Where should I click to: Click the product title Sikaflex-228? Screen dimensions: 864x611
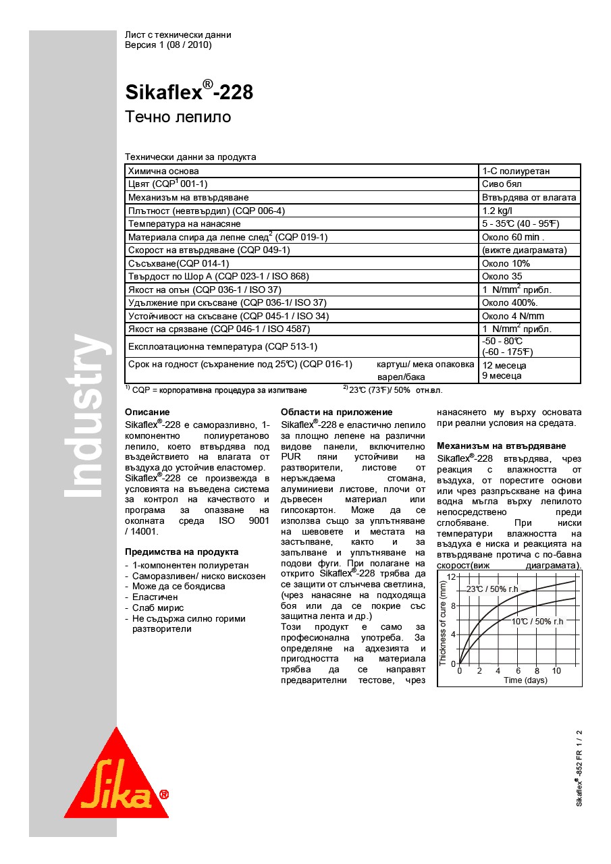pyautogui.click(x=189, y=91)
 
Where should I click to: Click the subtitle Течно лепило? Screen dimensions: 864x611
pyautogui.click(x=178, y=117)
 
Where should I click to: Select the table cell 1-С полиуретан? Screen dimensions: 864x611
pyautogui.click(x=515, y=171)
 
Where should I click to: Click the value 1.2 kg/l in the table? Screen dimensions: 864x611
pyautogui.click(x=498, y=211)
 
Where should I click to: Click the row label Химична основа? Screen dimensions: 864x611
pyautogui.click(x=163, y=171)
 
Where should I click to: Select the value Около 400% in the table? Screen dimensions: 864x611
pyautogui.click(x=509, y=302)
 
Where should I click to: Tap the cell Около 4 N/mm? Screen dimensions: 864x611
pyautogui.click(x=512, y=316)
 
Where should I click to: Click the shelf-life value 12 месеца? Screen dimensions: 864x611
pyautogui.click(x=504, y=365)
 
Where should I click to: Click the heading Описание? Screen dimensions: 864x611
pyautogui.click(x=147, y=412)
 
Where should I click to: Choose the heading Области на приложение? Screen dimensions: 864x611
pyautogui.click(x=336, y=412)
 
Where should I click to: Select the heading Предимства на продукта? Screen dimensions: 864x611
pyautogui.click(x=182, y=551)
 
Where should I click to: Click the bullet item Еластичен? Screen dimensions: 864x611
pyautogui.click(x=155, y=597)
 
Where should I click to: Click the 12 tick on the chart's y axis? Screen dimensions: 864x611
pyautogui.click(x=452, y=576)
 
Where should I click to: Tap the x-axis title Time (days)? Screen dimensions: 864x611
pyautogui.click(x=525, y=680)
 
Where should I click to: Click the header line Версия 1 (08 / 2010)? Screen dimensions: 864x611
pyautogui.click(x=168, y=45)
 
